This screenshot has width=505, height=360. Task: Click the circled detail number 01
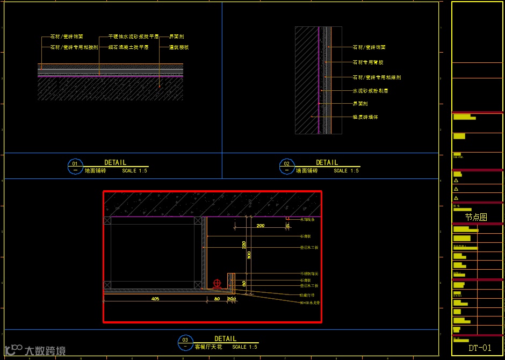(x=75, y=163)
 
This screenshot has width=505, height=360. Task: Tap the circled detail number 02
(x=286, y=163)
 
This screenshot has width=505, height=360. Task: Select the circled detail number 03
(x=185, y=340)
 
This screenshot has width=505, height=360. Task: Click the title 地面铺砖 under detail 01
(x=96, y=170)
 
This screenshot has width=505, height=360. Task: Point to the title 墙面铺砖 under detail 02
(x=307, y=171)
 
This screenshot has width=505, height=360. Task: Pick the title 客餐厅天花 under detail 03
(x=207, y=347)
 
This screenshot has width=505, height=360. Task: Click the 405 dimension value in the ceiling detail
(x=155, y=298)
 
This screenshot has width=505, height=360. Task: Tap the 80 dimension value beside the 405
(x=217, y=298)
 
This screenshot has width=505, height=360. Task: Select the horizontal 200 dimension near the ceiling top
(x=261, y=226)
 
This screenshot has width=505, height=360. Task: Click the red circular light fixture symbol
(x=217, y=283)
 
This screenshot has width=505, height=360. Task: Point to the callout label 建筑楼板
(x=179, y=47)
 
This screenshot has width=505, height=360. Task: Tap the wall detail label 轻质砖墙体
(x=365, y=117)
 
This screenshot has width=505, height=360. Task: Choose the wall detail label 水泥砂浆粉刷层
(x=370, y=91)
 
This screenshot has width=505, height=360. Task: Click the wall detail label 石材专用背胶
(x=369, y=62)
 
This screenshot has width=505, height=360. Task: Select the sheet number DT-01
(x=480, y=348)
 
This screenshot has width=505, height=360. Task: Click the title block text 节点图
(x=476, y=218)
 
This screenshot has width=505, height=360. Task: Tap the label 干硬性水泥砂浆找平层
(x=133, y=37)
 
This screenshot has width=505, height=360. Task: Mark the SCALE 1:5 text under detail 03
(x=244, y=347)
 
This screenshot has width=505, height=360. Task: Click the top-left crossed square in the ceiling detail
(x=107, y=220)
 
